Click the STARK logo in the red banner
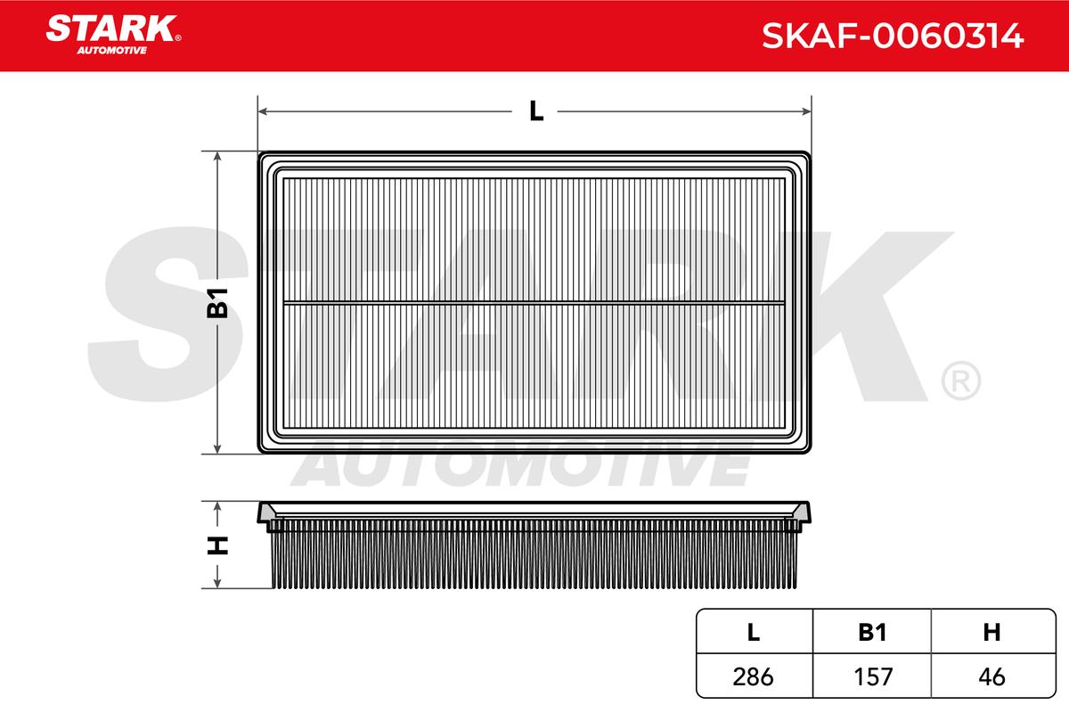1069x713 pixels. (111, 29)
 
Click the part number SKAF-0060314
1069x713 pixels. (893, 36)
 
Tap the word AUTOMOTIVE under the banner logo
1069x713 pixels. (112, 51)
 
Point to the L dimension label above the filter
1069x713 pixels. (536, 111)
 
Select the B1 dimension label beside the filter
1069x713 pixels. (217, 303)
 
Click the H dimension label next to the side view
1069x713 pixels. (217, 545)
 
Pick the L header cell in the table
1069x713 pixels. (753, 632)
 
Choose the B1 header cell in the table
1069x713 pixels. (872, 632)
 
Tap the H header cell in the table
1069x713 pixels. (991, 632)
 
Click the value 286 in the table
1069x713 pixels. (753, 676)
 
